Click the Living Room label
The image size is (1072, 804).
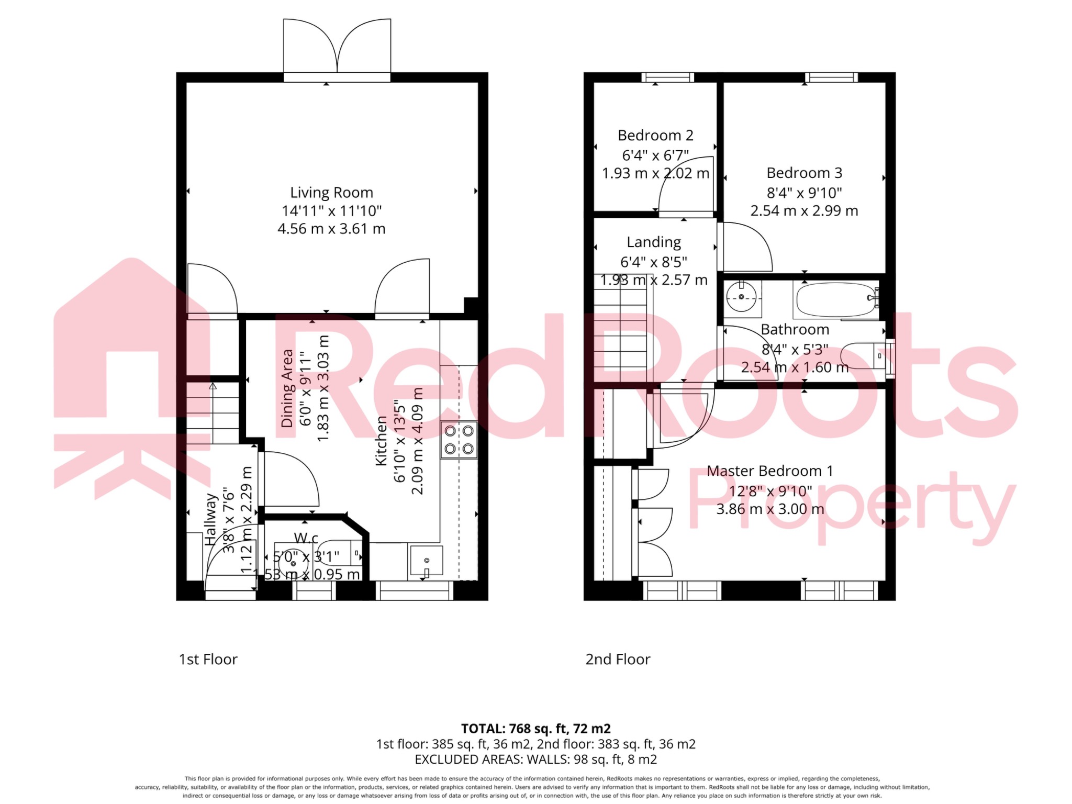click(x=331, y=193)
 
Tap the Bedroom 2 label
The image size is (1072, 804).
click(x=655, y=136)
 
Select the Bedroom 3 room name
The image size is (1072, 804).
click(x=804, y=173)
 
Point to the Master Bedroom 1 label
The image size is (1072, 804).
click(x=769, y=471)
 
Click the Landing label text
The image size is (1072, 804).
click(x=654, y=242)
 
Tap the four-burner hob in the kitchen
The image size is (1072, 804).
click(x=459, y=440)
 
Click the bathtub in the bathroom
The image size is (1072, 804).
click(x=836, y=299)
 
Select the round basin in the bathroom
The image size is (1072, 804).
click(x=742, y=297)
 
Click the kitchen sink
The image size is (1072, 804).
click(x=427, y=561)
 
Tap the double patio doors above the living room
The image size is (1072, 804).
click(x=337, y=50)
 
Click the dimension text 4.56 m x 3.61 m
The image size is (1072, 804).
click(x=331, y=229)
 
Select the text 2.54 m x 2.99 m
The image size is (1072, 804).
click(x=804, y=211)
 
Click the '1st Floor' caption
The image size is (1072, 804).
click(x=208, y=660)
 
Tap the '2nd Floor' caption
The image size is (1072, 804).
click(x=618, y=660)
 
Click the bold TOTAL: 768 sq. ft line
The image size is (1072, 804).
click(x=535, y=729)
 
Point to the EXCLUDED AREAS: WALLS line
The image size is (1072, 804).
click(x=535, y=760)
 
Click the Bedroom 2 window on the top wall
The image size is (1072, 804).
click(x=668, y=77)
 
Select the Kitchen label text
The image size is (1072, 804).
click(x=381, y=441)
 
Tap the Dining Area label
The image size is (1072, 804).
click(x=287, y=388)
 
